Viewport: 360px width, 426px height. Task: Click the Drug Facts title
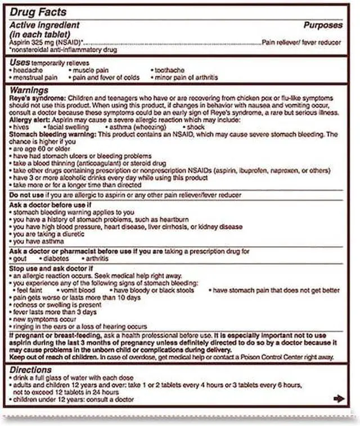37,12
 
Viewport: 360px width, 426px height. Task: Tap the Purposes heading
323,25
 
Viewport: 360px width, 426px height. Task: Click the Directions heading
31,370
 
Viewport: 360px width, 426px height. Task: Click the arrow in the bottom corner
339,398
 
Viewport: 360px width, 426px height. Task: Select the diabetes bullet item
57,259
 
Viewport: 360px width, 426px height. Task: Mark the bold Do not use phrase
28,195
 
